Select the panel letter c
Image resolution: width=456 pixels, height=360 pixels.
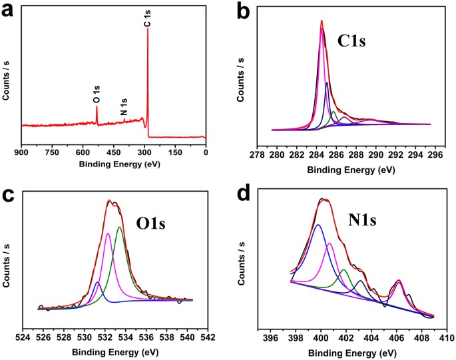pyautogui.click(x=10, y=196)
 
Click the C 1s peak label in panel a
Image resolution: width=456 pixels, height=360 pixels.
pyautogui.click(x=148, y=19)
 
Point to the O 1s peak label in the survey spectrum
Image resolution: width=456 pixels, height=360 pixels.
pyautogui.click(x=97, y=94)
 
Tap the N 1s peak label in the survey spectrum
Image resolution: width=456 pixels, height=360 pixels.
pyautogui.click(x=124, y=108)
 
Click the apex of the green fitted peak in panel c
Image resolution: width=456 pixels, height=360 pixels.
pyautogui.click(x=119, y=228)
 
